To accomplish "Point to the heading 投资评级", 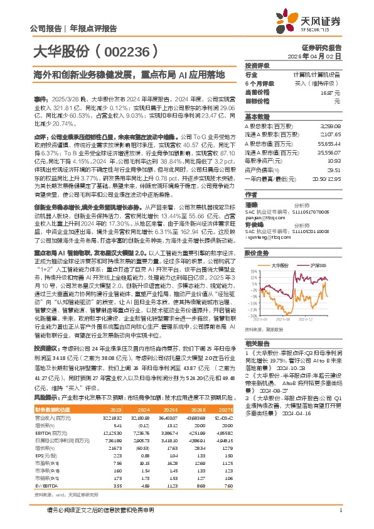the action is [257, 65].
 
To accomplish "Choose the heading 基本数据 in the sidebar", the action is [257, 117].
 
